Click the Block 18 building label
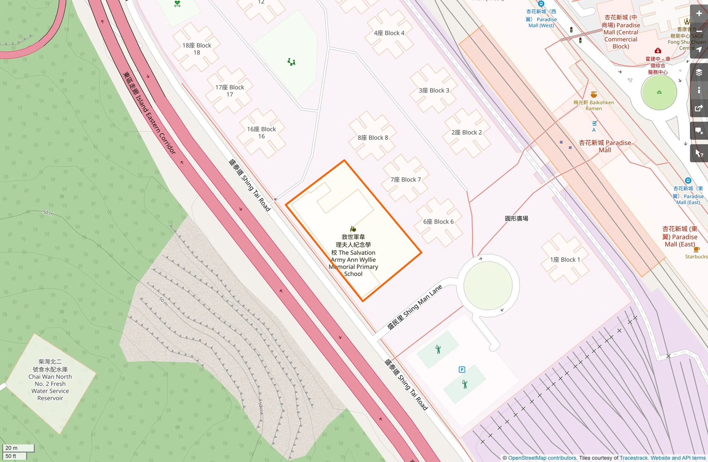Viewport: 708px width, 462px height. click(197, 49)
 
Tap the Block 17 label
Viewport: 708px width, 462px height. click(230, 91)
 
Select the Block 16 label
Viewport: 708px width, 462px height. click(261, 133)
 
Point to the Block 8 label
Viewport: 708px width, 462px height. click(373, 138)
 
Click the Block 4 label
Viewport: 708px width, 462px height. click(389, 33)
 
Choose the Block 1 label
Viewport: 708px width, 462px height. click(565, 260)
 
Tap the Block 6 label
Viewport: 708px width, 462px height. click(438, 222)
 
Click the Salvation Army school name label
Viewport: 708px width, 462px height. click(353, 255)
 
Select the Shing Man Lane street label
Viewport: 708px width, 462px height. click(415, 307)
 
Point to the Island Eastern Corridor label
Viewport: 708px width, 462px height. click(149, 113)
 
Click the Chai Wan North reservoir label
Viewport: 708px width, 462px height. click(50, 380)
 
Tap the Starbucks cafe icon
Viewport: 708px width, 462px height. click(696, 249)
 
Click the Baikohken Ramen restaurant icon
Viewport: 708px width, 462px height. click(594, 95)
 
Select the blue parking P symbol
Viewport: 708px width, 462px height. click(462, 370)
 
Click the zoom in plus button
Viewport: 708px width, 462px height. click(699, 14)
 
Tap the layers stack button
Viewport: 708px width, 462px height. click(699, 72)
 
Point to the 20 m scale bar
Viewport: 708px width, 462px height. click(18, 448)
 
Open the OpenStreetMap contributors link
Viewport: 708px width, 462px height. click(542, 458)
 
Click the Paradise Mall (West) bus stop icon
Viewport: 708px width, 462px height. click(541, 4)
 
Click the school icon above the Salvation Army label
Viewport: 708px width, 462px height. click(353, 229)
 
